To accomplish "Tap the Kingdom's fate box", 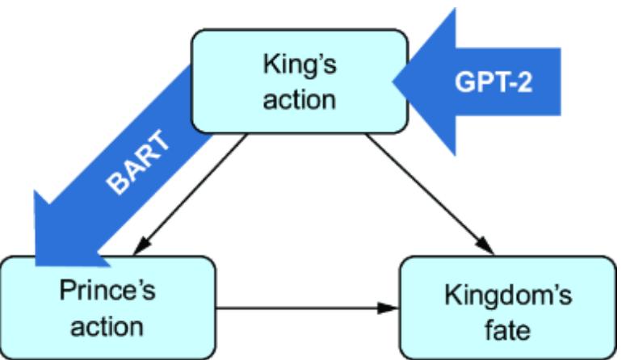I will [x=509, y=308].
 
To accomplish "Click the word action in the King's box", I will [x=298, y=100].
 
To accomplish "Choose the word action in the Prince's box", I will [x=107, y=326].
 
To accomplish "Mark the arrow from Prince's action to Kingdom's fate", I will [x=307, y=308].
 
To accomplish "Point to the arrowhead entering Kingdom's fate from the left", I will [x=393, y=308].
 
